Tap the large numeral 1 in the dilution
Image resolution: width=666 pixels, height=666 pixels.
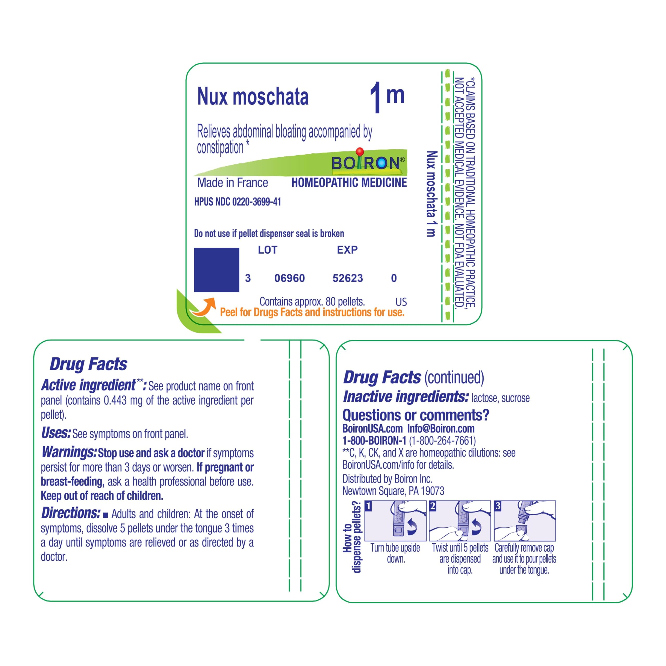pos(376,98)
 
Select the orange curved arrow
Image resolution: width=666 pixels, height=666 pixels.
pos(204,307)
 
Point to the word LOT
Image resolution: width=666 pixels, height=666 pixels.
pos(267,250)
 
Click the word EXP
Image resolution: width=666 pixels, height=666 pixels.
pos(347,250)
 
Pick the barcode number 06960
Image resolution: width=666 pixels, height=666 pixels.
pos(290,278)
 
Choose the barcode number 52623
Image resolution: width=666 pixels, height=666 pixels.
pos(348,278)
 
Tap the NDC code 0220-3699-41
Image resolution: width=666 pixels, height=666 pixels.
pos(257,202)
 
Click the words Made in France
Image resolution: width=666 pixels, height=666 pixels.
pos(233,183)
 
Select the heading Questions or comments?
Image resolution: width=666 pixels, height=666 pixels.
pos(416,415)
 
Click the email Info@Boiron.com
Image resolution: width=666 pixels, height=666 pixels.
pos(441,429)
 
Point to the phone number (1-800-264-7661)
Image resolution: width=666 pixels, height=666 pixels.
pos(442,441)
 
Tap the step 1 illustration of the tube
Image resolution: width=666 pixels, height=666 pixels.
pos(395,521)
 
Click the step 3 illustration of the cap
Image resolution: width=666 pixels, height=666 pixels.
pos(525,521)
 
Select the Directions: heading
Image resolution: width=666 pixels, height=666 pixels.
pos(71,513)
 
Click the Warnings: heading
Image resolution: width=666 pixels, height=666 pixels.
pos(69,452)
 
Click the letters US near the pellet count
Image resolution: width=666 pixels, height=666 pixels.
pos(401,302)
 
